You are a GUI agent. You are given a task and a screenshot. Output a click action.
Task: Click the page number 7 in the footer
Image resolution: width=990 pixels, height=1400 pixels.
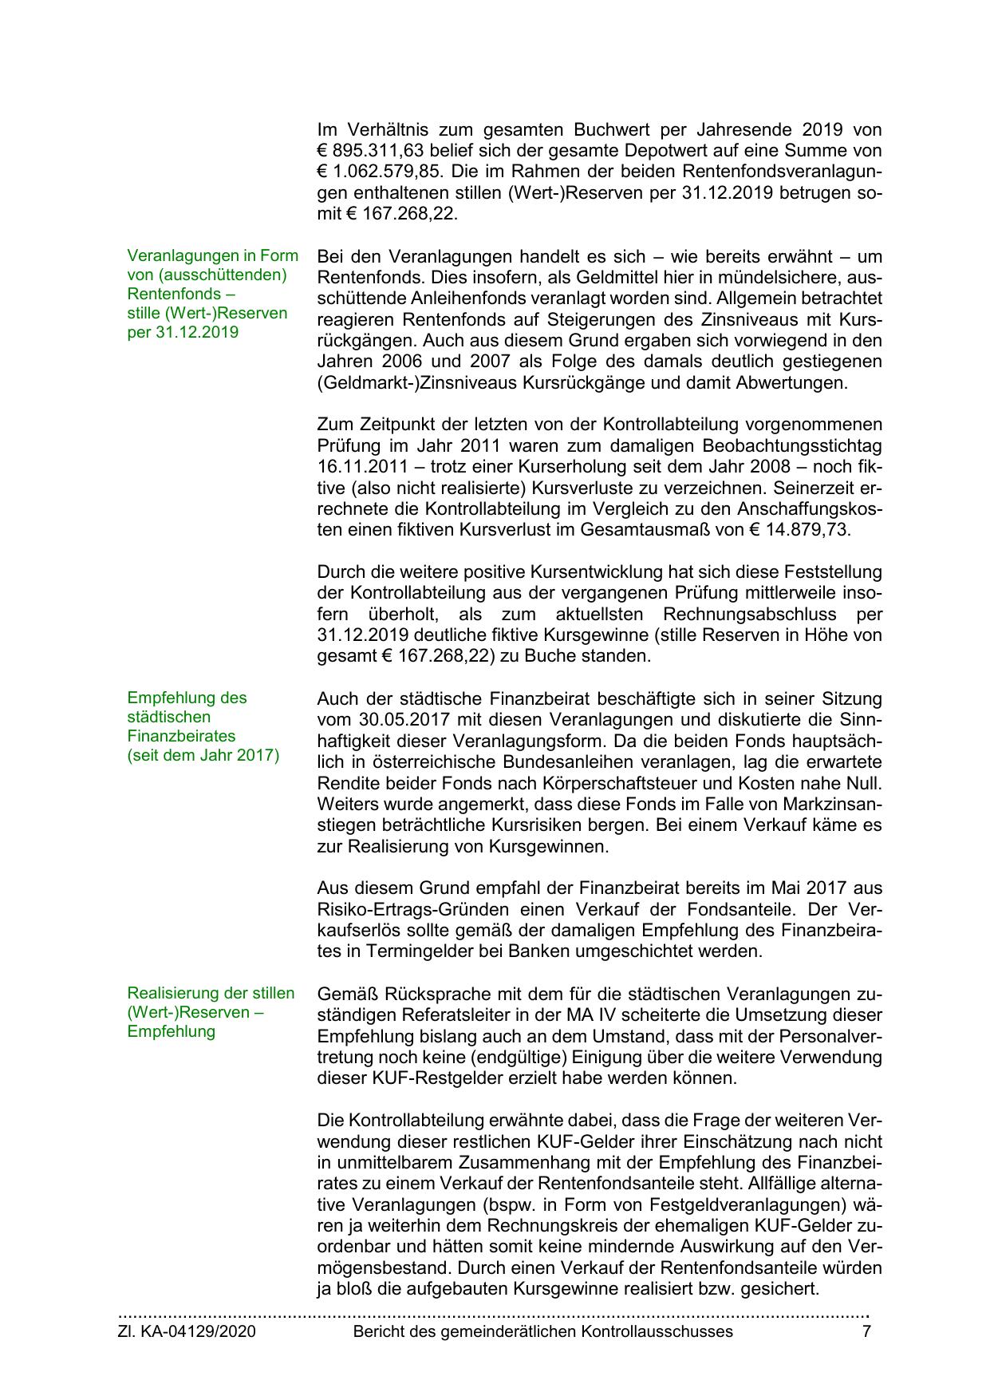866,1331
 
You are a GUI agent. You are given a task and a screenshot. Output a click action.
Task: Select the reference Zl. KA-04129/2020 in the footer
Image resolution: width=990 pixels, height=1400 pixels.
187,1331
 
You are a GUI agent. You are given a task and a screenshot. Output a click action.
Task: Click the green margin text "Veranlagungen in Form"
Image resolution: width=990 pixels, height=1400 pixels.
212,255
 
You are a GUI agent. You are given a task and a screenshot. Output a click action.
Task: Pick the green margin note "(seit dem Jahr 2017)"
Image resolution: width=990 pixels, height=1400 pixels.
203,755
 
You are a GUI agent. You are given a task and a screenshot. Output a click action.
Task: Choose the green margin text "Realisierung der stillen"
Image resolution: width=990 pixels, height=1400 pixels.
211,993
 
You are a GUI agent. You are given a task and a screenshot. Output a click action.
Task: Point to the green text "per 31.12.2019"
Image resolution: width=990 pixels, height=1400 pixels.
183,332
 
